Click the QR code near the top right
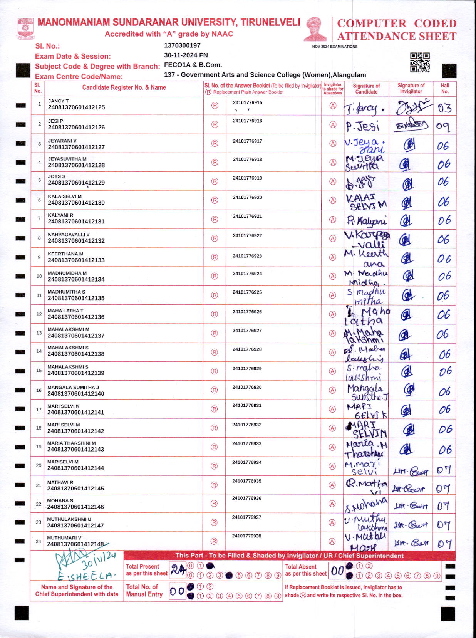point(419,62)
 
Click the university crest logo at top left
point(25,28)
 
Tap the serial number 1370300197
point(182,45)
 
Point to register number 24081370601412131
point(76,222)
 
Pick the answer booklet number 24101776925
point(247,292)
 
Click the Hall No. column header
point(445,89)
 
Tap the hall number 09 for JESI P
point(443,126)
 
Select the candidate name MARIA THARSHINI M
point(72,443)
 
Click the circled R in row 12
point(215,314)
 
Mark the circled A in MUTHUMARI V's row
point(332,541)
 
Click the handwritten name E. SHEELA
point(87,576)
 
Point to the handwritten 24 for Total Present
point(178,569)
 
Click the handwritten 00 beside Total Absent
point(337,571)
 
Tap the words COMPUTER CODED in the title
point(397,24)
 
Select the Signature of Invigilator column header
point(411,89)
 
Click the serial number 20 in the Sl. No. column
point(39,465)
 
